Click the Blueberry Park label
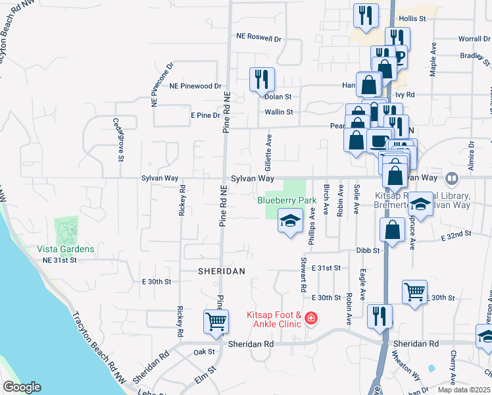click(287, 199)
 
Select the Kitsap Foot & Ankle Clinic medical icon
click(310, 320)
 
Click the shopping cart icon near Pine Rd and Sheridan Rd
click(216, 321)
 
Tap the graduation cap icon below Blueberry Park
click(289, 221)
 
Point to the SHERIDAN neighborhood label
click(222, 271)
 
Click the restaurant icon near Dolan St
click(262, 79)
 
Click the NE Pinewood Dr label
click(195, 86)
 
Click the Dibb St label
click(368, 250)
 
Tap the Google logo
click(21, 387)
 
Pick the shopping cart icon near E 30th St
click(414, 292)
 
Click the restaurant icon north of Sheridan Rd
click(380, 315)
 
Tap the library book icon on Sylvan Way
click(452, 178)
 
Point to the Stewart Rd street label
click(303, 275)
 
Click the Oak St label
click(200, 352)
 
